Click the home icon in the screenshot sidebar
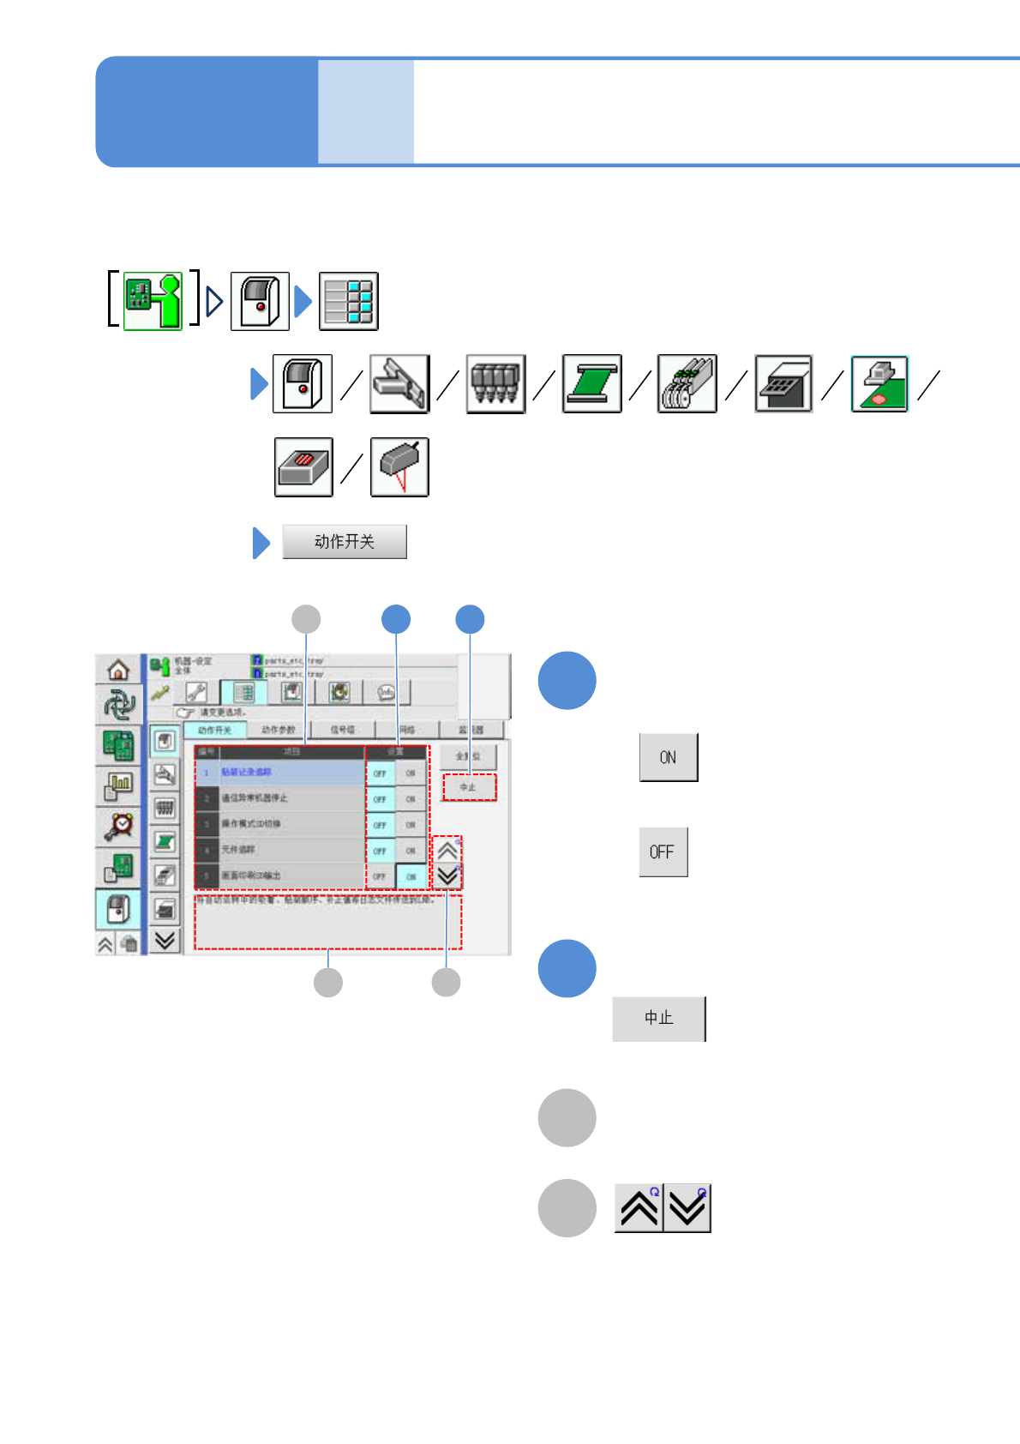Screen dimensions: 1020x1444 (118, 670)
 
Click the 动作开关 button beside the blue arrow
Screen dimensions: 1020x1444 (345, 542)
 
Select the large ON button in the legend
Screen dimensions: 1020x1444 (669, 757)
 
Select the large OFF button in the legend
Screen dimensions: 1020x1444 (663, 851)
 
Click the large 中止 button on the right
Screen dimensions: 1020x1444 (658, 1019)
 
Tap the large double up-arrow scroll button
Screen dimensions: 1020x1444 (639, 1208)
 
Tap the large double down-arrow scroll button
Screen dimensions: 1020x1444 (687, 1208)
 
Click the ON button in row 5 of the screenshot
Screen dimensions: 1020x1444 (411, 876)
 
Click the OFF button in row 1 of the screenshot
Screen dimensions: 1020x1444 (380, 773)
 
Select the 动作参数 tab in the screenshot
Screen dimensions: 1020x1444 (278, 730)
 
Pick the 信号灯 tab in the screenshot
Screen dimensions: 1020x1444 (343, 730)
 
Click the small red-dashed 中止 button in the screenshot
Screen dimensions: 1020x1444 (469, 787)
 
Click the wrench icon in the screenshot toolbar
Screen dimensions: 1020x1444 (196, 692)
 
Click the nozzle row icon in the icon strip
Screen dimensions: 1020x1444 (495, 384)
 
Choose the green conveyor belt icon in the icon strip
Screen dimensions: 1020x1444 (591, 384)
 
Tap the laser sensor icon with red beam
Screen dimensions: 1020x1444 (399, 467)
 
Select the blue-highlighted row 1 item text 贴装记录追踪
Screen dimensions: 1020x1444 (247, 773)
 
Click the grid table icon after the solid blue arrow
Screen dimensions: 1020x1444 (349, 301)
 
